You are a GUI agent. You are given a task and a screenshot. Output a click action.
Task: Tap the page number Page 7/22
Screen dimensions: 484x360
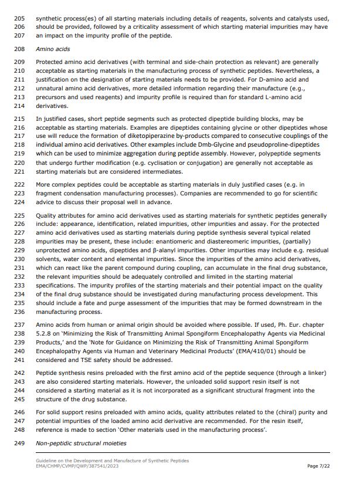[319, 466]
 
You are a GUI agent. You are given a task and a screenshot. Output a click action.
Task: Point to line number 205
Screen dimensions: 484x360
[19, 18]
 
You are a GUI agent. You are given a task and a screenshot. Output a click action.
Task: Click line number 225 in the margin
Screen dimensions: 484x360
[19, 216]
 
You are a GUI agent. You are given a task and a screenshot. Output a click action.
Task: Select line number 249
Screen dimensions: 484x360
[19, 443]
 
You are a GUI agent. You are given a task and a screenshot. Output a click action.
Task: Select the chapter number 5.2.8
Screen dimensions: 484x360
[46, 333]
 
